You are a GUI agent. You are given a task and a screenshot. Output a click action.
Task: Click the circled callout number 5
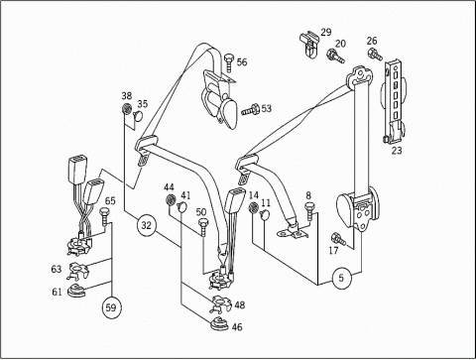point(341,278)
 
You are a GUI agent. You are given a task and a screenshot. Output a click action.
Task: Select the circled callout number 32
point(146,225)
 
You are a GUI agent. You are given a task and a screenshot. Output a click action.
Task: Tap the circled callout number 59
point(111,307)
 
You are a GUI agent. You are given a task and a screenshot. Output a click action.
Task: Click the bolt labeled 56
point(229,62)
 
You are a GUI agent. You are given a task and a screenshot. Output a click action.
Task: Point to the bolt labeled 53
point(250,110)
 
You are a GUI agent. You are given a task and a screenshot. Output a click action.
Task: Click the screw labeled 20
point(335,57)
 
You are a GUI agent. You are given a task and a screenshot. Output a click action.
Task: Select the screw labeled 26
point(375,55)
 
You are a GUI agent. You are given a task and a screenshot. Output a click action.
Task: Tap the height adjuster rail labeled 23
point(395,101)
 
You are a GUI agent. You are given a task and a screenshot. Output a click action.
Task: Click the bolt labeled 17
point(338,239)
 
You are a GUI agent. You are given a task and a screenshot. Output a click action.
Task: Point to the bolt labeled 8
point(309,210)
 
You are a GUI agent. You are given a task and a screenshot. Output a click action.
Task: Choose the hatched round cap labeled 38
point(127,108)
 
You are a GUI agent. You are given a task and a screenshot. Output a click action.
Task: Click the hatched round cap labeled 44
point(171,199)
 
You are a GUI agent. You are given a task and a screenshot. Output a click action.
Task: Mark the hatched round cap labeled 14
point(254,208)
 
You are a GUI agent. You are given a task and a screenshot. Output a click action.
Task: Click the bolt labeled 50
point(202,227)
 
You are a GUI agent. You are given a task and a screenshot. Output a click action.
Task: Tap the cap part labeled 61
point(76,291)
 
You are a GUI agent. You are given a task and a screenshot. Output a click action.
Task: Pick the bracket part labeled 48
point(220,303)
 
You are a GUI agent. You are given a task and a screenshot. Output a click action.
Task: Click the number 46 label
point(237,327)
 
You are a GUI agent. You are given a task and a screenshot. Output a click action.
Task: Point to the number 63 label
point(57,269)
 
